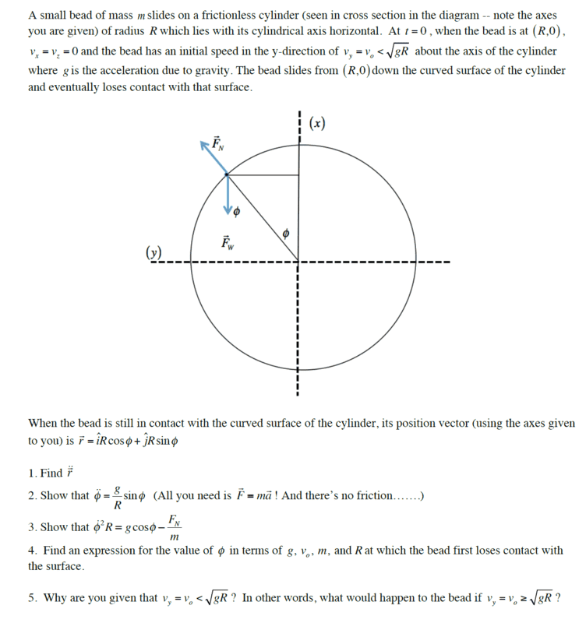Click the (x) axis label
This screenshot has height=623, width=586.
[x=317, y=123]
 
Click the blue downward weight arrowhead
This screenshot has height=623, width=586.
[x=228, y=209]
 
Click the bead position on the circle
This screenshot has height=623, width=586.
[x=228, y=175]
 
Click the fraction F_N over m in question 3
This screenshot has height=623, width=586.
[x=175, y=527]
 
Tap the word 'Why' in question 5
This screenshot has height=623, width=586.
[x=57, y=597]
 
